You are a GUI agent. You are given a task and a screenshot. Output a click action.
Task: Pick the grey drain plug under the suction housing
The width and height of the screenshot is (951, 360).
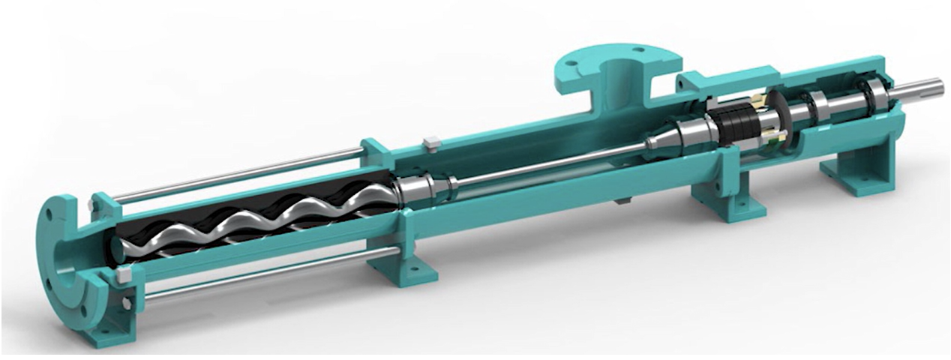click(x=622, y=200)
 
